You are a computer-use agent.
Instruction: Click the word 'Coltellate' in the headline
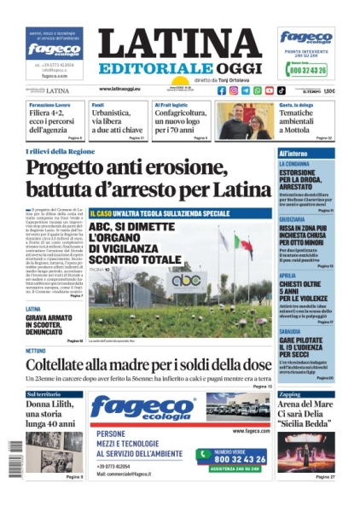pos(62,364)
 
